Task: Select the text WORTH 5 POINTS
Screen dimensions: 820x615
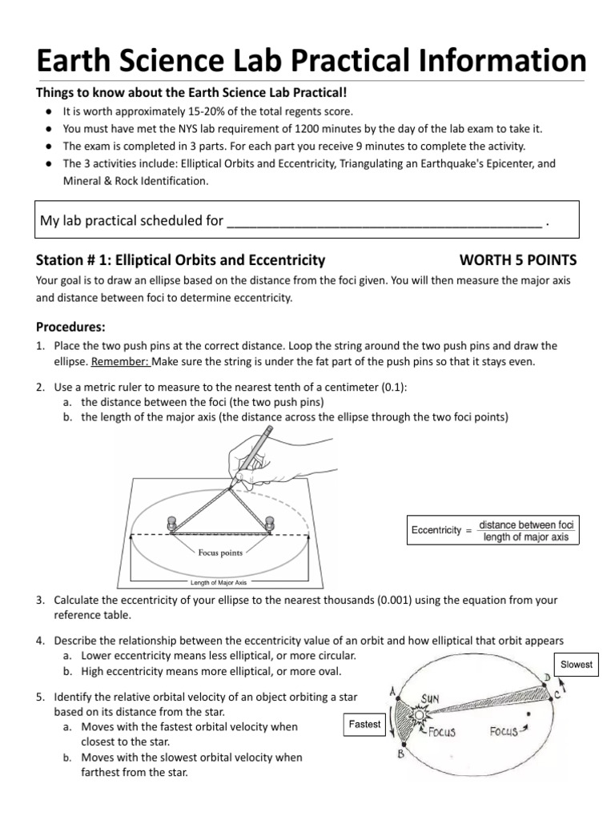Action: point(517,260)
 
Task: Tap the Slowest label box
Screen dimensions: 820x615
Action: point(577,665)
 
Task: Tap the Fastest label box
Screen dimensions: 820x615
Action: point(364,725)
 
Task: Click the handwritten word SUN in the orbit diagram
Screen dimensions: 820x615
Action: point(431,699)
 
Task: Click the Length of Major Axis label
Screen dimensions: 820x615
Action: point(218,582)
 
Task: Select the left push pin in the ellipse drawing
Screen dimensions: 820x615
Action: point(171,524)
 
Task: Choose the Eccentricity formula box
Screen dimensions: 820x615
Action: point(493,530)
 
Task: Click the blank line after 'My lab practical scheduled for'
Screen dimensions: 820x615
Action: point(384,220)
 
